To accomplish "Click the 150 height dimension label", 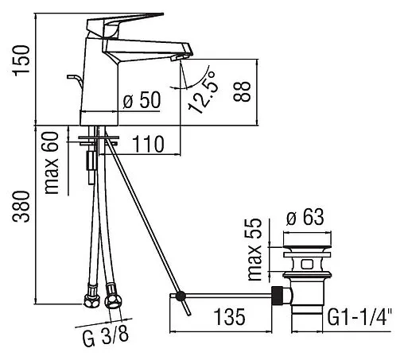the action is [21, 60].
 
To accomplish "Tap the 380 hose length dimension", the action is [21, 207].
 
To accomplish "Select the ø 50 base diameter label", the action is [142, 100].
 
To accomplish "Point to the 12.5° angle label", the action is [204, 91].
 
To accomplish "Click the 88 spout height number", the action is [242, 91].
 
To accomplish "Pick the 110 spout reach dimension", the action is [148, 144].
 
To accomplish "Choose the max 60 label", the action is [51, 163].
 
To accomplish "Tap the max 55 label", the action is [254, 249].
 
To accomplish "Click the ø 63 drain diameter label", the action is [305, 217].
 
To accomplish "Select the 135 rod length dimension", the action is [230, 317].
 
